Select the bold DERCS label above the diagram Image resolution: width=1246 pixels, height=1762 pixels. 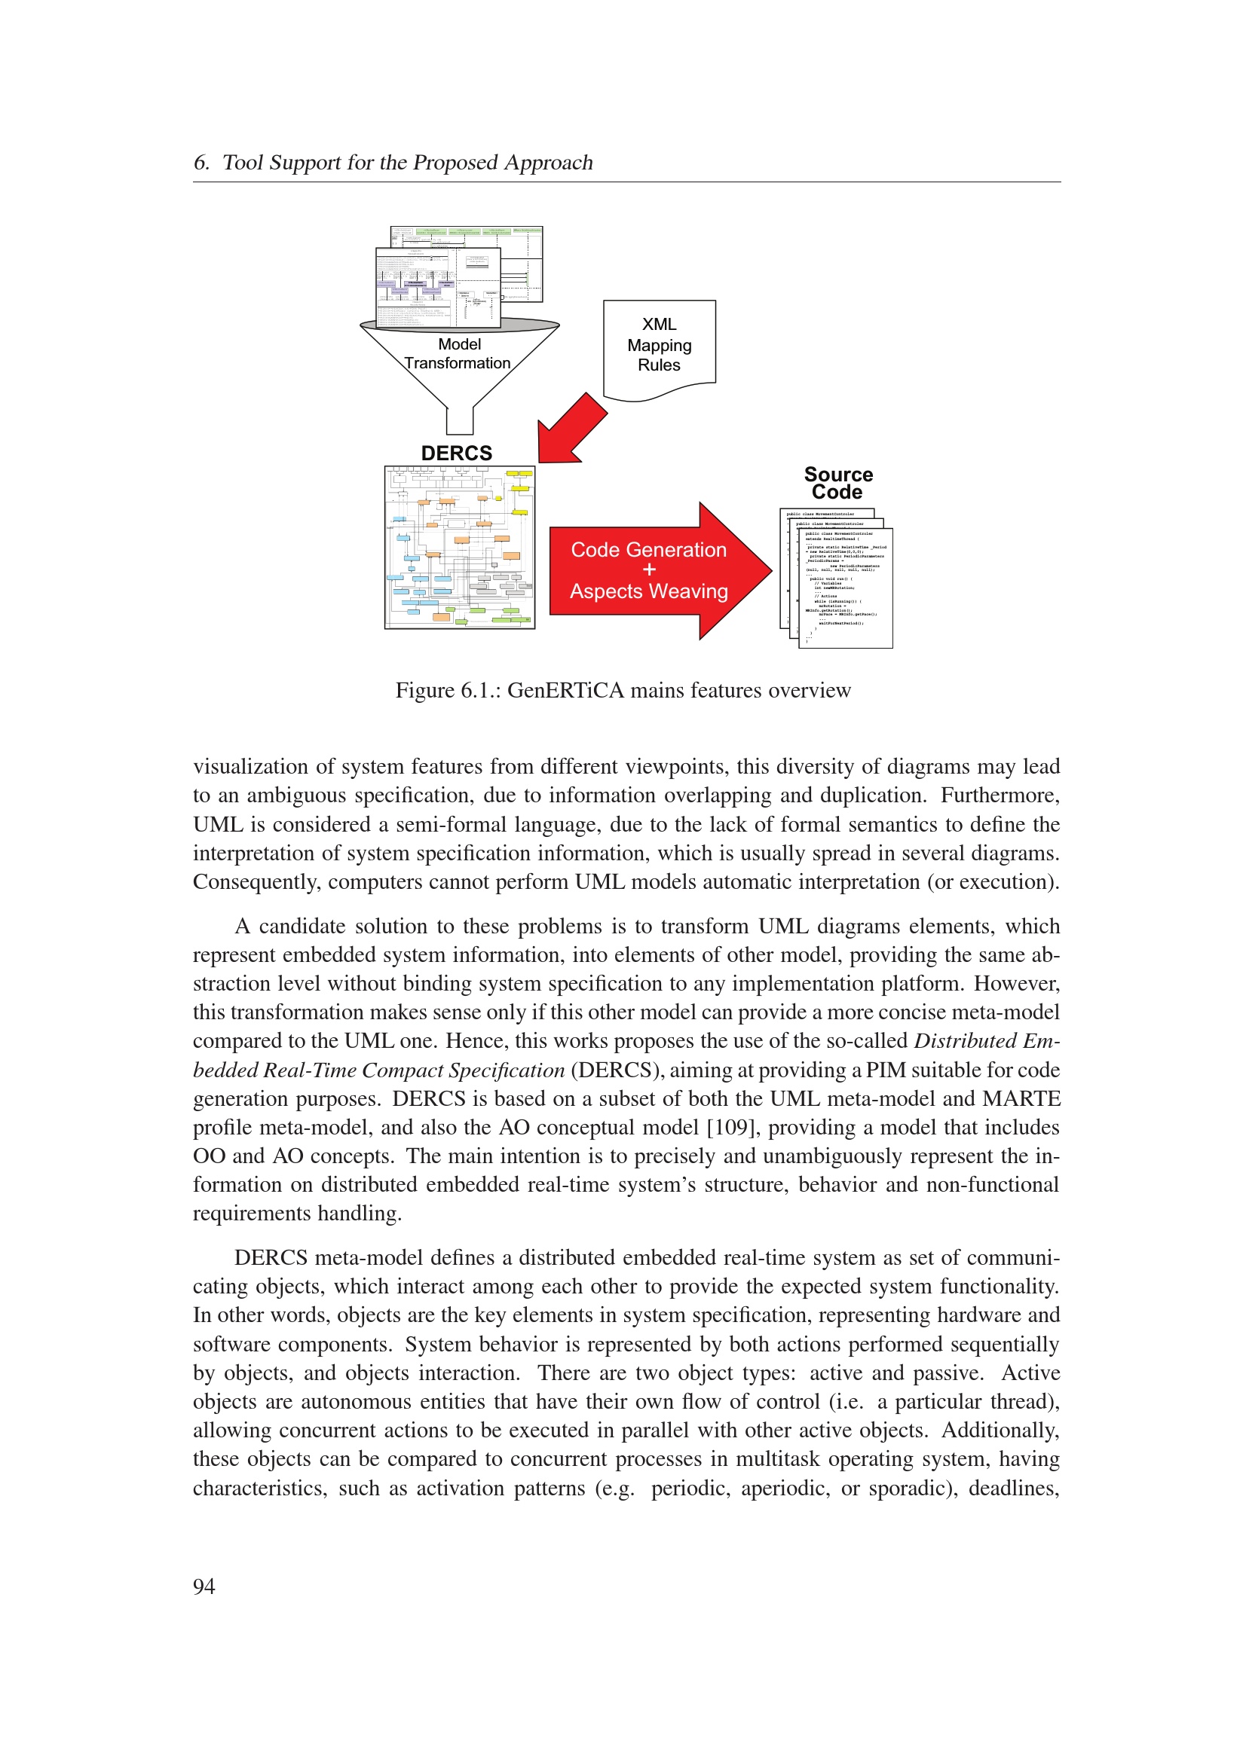pos(457,453)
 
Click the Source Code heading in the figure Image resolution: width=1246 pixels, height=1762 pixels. pos(837,484)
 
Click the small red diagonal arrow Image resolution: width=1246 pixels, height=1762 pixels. pos(571,429)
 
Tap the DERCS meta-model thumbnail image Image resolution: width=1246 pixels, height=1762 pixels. pos(459,547)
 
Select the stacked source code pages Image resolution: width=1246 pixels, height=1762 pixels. pos(836,578)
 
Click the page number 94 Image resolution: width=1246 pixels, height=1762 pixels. pos(204,1586)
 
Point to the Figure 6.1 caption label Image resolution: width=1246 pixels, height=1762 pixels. pos(448,691)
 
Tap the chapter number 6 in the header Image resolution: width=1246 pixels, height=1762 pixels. pos(201,163)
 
